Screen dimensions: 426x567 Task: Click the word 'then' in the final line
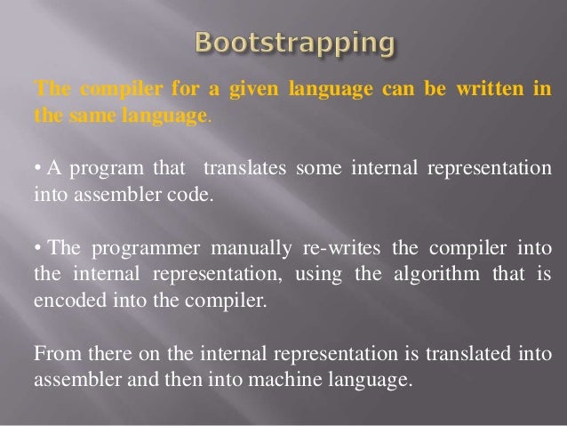tap(208, 380)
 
